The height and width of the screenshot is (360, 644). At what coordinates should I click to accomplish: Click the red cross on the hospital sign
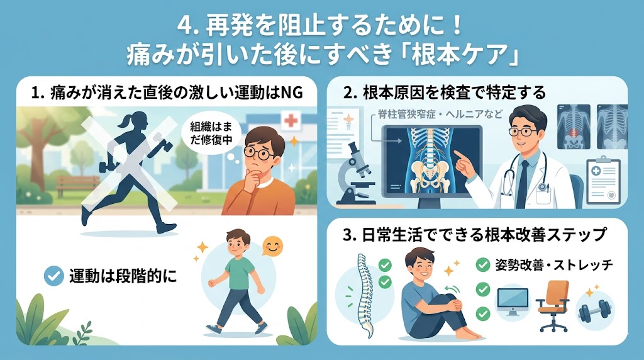[291, 120]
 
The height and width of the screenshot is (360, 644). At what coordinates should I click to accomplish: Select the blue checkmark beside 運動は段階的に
[54, 276]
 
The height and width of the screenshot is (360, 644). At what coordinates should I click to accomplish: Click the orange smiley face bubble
[272, 247]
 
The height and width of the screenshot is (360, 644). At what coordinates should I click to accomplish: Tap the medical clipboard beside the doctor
[603, 180]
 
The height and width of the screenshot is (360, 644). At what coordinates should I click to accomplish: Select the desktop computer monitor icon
[513, 301]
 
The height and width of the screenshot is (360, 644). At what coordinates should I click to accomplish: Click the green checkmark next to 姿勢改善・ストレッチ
[483, 265]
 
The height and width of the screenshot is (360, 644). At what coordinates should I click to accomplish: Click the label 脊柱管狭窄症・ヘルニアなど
[440, 115]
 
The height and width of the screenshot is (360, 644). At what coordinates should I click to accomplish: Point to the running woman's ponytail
[123, 120]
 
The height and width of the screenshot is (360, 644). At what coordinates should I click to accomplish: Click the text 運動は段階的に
[123, 276]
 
